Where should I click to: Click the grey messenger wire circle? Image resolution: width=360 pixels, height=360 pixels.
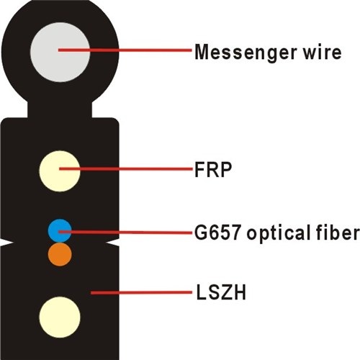pos(60,52)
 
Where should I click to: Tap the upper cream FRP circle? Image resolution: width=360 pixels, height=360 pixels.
pos(60,171)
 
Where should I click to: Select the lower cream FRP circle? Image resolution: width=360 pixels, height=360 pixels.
pos(60,318)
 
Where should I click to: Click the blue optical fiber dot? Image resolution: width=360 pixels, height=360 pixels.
pos(60,230)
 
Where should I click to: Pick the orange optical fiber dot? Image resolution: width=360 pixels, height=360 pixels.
pos(60,254)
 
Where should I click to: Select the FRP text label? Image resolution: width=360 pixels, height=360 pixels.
pos(213,169)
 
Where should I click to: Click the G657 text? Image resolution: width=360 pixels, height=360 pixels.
pos(217,232)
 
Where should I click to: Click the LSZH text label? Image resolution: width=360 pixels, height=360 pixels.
pos(221,292)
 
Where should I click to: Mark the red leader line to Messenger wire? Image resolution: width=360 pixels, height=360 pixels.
pos(125,50)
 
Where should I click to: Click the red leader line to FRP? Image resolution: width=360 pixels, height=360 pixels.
pos(126,169)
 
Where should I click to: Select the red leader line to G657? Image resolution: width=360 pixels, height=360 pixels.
pos(125,232)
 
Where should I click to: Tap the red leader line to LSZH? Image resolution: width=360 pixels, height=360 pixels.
pos(141,292)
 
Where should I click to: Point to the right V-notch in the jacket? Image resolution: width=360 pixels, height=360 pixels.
pos(113,243)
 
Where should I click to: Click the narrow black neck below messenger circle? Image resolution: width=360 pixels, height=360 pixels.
pos(60,109)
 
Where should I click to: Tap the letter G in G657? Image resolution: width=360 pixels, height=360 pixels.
pos(200,233)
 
